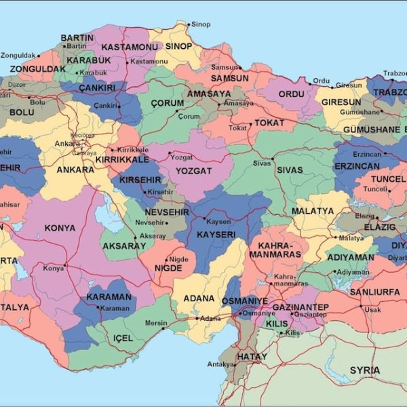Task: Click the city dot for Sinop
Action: tap(189, 24)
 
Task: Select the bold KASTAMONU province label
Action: tap(130, 47)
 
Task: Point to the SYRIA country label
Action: tap(365, 370)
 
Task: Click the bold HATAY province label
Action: tap(252, 356)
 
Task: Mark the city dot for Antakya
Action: tap(237, 365)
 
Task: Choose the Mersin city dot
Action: tap(163, 328)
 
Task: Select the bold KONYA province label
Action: tap(60, 228)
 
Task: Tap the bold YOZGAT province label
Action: tap(194, 171)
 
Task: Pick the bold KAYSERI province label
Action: tap(216, 234)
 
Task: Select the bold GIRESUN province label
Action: tap(341, 102)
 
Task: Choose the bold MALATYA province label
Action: tap(313, 211)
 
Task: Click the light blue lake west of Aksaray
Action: tap(106, 218)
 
